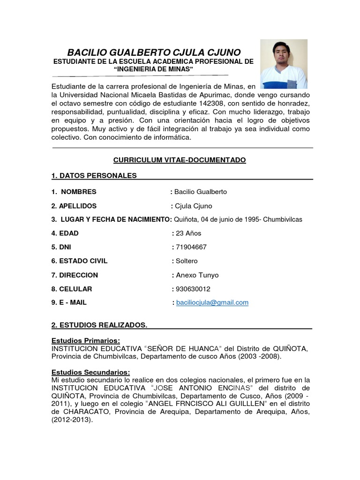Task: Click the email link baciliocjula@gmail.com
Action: coord(212,303)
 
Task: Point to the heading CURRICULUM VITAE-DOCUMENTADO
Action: coord(180,160)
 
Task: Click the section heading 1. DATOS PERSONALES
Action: coord(94,176)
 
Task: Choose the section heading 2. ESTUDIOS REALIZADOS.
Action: coord(99,325)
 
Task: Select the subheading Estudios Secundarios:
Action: coord(90,372)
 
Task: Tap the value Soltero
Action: coord(186,261)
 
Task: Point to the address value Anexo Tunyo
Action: coord(196,275)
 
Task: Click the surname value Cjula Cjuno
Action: coord(193,206)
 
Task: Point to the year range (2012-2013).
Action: coord(72,420)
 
